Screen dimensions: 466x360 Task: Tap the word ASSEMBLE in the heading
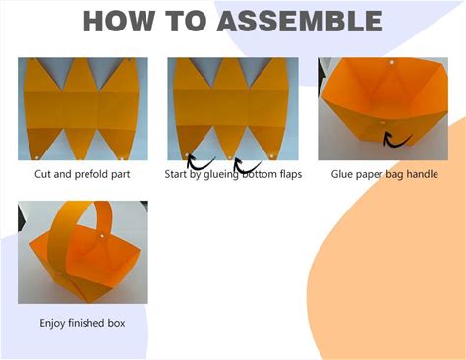300,21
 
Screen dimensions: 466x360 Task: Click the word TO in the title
186,21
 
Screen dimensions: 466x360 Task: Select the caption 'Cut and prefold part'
83,174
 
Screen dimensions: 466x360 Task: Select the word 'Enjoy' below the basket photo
52,323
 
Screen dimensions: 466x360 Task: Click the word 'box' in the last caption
117,323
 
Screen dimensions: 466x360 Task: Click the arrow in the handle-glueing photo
396,141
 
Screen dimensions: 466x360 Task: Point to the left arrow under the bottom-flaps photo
199,162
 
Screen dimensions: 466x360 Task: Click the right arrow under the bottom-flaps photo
247,165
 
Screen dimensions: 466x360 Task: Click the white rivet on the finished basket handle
102,236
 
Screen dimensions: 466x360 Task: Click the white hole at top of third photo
391,62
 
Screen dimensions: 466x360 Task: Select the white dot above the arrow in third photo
383,123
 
